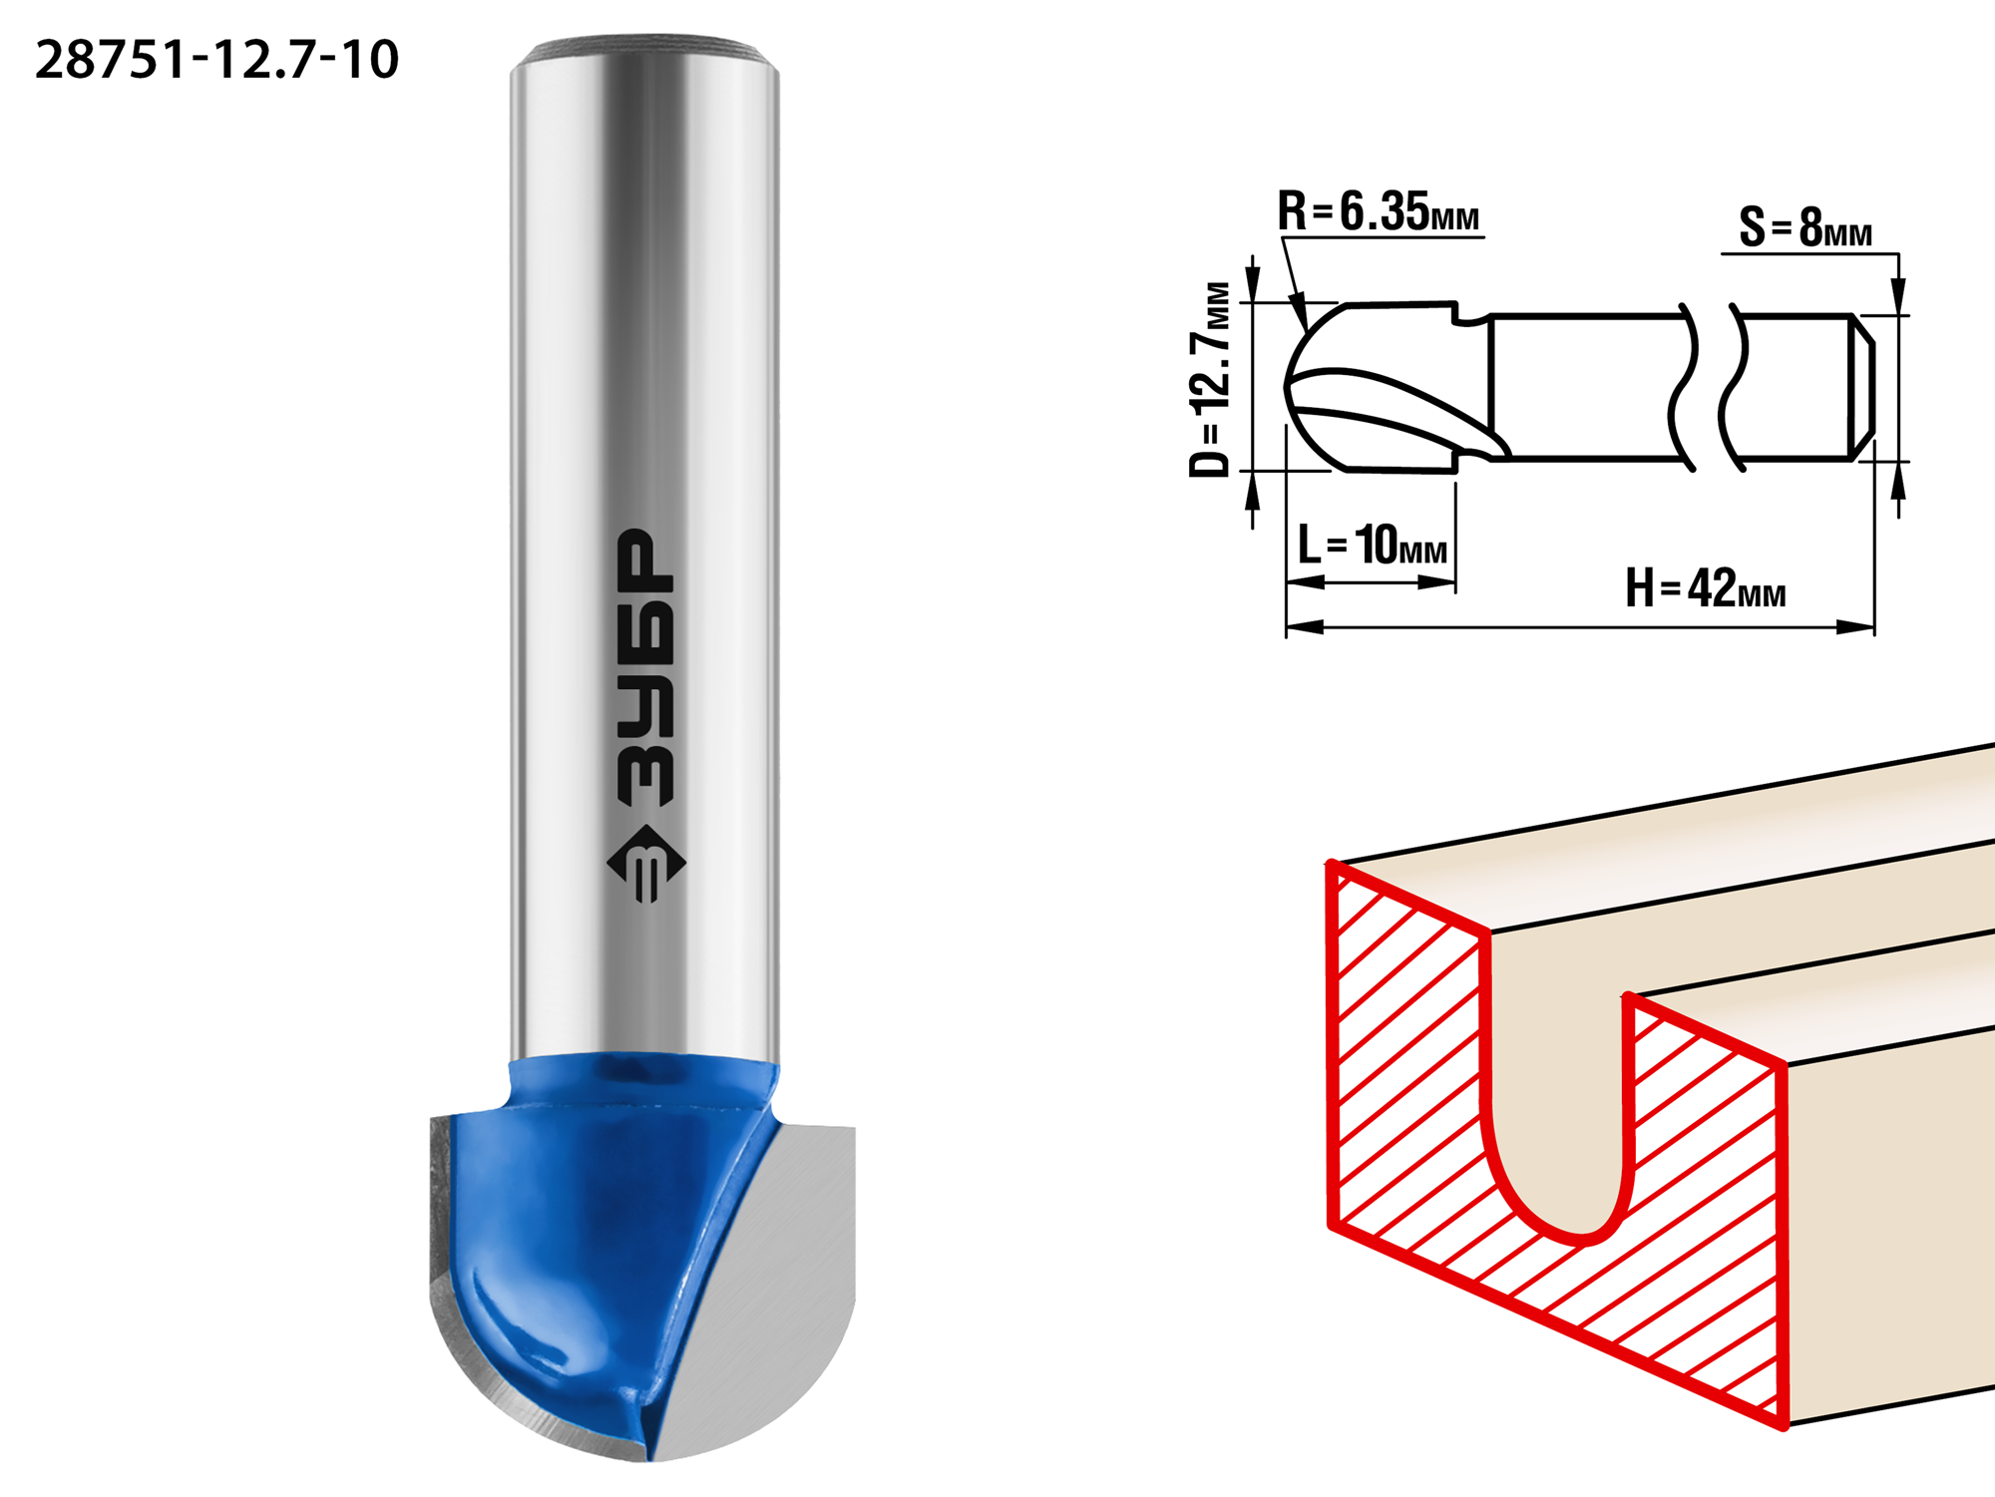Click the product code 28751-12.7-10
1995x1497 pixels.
click(x=216, y=59)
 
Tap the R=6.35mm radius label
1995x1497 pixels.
click(x=1379, y=211)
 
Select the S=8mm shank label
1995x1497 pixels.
click(x=1805, y=227)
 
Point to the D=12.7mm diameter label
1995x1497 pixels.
click(x=1210, y=379)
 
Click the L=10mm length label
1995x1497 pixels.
click(x=1373, y=546)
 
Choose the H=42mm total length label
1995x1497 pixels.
click(x=1706, y=587)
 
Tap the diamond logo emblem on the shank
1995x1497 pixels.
click(x=646, y=864)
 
